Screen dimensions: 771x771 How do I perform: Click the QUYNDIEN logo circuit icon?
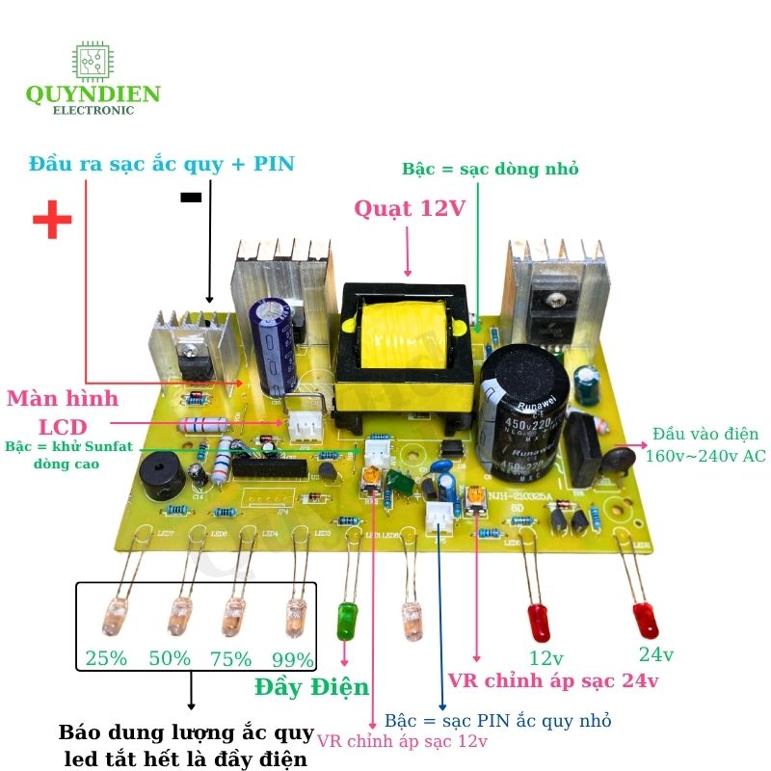click(93, 63)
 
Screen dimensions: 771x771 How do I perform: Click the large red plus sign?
click(52, 221)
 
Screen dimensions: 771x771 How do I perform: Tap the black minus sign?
click(191, 197)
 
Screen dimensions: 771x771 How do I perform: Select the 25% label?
click(105, 659)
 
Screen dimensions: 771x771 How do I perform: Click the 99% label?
click(292, 660)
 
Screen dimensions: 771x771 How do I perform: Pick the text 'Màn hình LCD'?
click(64, 412)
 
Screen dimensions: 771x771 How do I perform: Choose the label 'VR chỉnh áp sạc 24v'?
click(553, 681)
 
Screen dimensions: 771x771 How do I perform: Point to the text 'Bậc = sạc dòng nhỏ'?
click(491, 169)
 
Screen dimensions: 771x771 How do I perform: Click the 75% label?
click(231, 659)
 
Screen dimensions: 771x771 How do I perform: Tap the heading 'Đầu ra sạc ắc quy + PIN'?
click(161, 163)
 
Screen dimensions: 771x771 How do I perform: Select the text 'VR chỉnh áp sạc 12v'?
click(403, 741)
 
